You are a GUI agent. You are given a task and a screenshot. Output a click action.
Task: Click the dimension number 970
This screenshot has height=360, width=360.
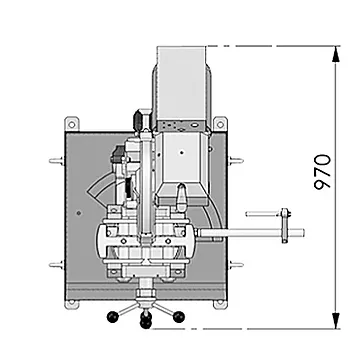323,172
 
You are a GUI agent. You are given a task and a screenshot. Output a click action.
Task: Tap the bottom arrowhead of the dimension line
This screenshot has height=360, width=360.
336,321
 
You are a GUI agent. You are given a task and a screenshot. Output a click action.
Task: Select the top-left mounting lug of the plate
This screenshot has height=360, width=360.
72,124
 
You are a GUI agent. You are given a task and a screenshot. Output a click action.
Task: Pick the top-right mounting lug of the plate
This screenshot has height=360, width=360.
220,124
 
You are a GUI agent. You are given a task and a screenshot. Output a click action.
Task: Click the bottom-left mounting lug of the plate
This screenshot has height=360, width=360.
71,304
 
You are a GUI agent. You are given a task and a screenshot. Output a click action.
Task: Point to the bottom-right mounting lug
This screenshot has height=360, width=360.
220,304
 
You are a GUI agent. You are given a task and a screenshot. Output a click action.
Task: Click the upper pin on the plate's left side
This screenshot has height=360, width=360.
56,161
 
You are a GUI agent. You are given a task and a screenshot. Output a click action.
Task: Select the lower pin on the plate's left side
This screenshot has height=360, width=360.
56,265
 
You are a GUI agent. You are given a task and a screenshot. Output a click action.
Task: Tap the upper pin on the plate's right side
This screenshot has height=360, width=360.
236,161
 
